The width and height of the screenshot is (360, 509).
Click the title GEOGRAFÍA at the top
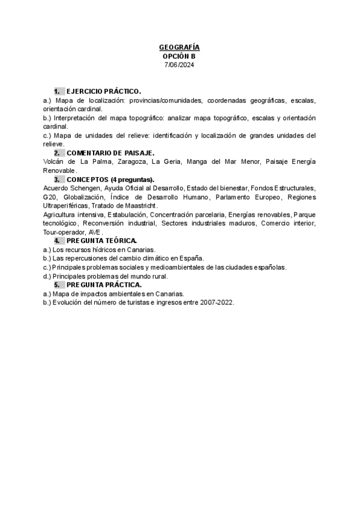179,47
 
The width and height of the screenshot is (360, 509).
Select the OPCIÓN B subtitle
179,56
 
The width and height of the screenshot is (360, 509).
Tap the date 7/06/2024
179,65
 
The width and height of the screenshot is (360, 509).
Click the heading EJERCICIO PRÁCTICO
103,91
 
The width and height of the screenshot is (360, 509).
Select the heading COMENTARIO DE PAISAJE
110,153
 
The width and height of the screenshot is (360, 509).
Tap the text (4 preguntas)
133,179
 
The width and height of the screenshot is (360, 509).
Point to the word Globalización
83,197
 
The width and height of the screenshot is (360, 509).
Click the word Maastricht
139,206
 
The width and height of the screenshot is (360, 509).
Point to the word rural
158,276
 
